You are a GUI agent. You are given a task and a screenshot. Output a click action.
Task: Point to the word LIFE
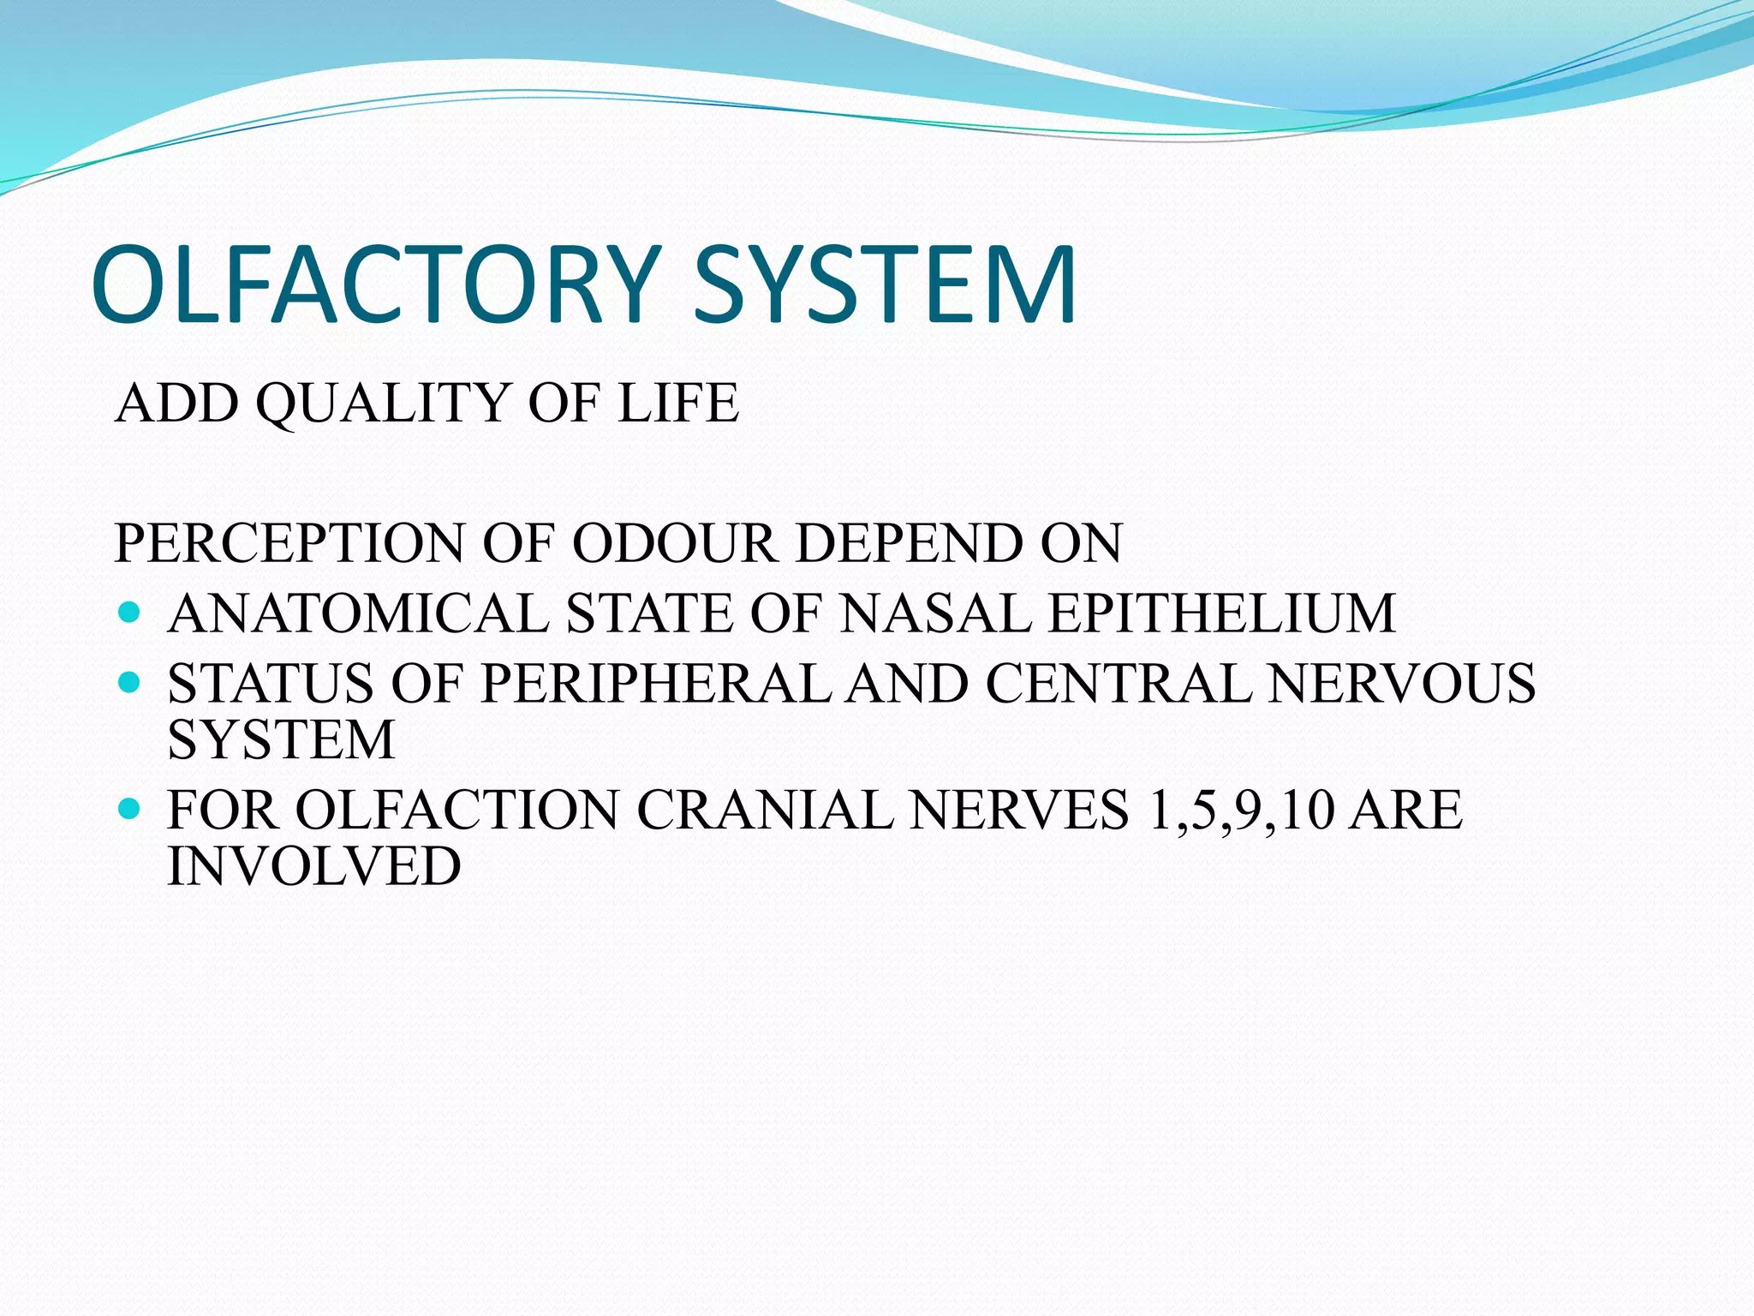[677, 403]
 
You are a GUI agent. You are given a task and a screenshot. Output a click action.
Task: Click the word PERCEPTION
[289, 543]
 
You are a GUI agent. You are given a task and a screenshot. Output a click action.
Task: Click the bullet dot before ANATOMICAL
[129, 612]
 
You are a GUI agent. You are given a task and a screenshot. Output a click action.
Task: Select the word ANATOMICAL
[358, 613]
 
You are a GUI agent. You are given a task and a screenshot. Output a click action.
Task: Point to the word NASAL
[936, 613]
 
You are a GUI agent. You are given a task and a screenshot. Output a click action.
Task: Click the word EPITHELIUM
[1222, 613]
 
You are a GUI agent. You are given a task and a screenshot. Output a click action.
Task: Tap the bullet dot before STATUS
[129, 682]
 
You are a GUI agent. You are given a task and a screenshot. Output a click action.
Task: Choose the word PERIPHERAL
[655, 684]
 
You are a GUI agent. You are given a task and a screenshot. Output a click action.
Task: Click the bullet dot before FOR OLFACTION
[129, 808]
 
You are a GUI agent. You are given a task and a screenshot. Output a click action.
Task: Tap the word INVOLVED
[314, 865]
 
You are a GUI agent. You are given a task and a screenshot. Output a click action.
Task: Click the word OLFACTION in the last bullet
[457, 810]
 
